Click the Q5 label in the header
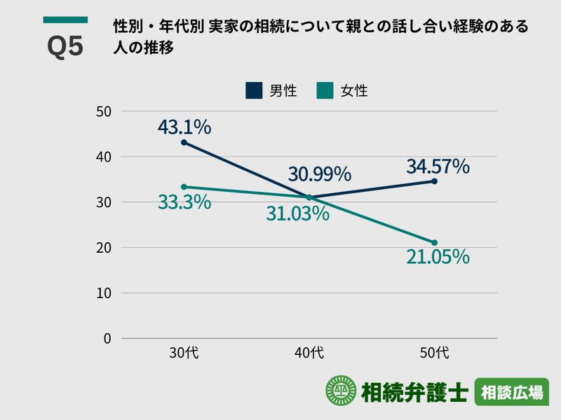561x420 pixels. tap(65, 47)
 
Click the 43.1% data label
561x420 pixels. tap(184, 127)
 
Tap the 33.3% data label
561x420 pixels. tap(184, 202)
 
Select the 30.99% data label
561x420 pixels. tap(319, 174)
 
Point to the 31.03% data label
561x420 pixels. tap(297, 213)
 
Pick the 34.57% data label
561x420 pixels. tap(438, 167)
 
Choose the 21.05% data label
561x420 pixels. tap(438, 257)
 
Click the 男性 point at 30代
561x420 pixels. tap(184, 142)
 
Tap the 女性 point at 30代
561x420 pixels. tap(184, 187)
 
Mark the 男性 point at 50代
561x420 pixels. tap(435, 181)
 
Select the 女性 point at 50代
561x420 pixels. tap(435, 242)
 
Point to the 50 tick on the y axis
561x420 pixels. tap(104, 111)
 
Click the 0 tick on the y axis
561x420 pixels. tap(107, 338)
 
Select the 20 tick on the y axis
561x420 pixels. tap(104, 248)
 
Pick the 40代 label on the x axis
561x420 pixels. tap(309, 353)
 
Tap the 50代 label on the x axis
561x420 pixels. tap(435, 353)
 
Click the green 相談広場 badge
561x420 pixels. tap(511, 393)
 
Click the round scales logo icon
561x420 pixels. tap(341, 392)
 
